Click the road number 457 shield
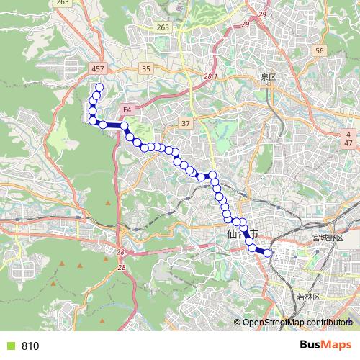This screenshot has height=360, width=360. (99, 68)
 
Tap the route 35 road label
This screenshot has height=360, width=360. (146, 69)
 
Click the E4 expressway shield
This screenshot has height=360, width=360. (127, 109)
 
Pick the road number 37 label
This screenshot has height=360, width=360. (185, 124)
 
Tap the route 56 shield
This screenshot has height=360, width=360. (320, 51)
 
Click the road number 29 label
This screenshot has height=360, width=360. (243, 24)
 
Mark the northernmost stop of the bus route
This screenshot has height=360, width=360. (99, 89)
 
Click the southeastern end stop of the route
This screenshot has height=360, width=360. (267, 252)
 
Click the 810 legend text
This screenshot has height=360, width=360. (30, 346)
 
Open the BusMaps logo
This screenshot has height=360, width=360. (325, 345)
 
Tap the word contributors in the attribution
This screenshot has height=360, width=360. (327, 323)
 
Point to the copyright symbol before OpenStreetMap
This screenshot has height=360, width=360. (238, 323)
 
